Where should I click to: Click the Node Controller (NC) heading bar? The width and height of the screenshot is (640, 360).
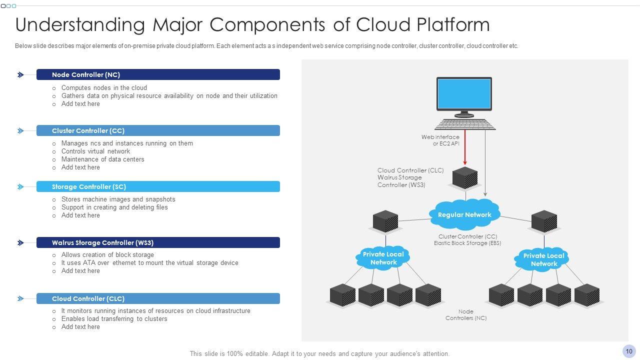pos(158,74)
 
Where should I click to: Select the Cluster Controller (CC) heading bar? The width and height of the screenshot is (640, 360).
pos(158,130)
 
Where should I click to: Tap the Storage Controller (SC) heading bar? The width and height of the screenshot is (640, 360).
pos(158,186)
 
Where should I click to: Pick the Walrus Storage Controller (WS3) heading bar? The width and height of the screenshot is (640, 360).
pos(158,242)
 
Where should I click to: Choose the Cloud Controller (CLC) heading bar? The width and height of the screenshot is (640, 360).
pos(158,298)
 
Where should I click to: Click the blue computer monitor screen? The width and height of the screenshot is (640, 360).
pos(464,93)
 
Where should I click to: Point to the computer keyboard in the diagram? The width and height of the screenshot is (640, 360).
pos(465,124)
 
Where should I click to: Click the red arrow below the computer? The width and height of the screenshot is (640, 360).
pos(465,147)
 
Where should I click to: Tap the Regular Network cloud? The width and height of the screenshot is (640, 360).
pos(464,214)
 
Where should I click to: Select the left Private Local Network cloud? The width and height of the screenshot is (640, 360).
pos(383,258)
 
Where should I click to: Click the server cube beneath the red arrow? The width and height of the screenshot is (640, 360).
pos(465,178)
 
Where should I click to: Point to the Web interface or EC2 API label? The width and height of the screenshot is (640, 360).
pos(440,140)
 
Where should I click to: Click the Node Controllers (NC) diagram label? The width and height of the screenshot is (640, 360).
pos(466,315)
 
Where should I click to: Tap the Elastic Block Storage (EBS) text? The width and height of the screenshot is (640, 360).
pos(467,243)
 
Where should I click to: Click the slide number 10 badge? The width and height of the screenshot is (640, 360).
pos(629,351)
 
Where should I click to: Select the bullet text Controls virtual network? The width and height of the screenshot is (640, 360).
pos(95,151)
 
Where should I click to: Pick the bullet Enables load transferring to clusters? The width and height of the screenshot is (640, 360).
pos(114,319)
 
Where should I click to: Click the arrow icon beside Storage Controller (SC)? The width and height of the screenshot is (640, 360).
pos(20,187)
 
